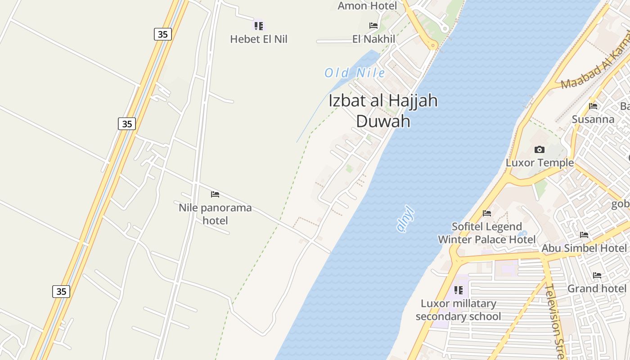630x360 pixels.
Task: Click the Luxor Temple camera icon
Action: pyautogui.click(x=539, y=149)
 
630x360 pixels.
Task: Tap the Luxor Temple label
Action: pyautogui.click(x=540, y=162)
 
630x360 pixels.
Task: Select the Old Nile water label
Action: pyautogui.click(x=355, y=73)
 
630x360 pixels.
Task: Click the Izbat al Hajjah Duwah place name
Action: pyautogui.click(x=383, y=111)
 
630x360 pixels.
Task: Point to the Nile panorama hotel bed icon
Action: pyautogui.click(x=215, y=194)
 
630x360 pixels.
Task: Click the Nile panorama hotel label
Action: pyautogui.click(x=215, y=214)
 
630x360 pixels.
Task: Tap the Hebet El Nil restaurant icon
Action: pyautogui.click(x=258, y=26)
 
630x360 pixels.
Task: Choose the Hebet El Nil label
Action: pyautogui.click(x=258, y=39)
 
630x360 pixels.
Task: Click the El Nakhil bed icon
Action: pyautogui.click(x=373, y=26)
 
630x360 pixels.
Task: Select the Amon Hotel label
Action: pyautogui.click(x=367, y=6)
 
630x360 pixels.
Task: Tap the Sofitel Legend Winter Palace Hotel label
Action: pyautogui.click(x=487, y=233)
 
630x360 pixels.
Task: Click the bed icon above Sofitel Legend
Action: pyautogui.click(x=486, y=213)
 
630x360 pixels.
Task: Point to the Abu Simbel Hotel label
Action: pyautogui.click(x=584, y=248)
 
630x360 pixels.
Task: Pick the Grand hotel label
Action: pyautogui.click(x=597, y=288)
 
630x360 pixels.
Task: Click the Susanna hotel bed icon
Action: pyautogui.click(x=593, y=106)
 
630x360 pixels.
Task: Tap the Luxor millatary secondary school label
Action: pyautogui.click(x=458, y=310)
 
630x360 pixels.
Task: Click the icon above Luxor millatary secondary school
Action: pyautogui.click(x=458, y=290)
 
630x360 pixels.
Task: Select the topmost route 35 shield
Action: pyautogui.click(x=162, y=34)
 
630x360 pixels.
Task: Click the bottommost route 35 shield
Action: pyautogui.click(x=61, y=292)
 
